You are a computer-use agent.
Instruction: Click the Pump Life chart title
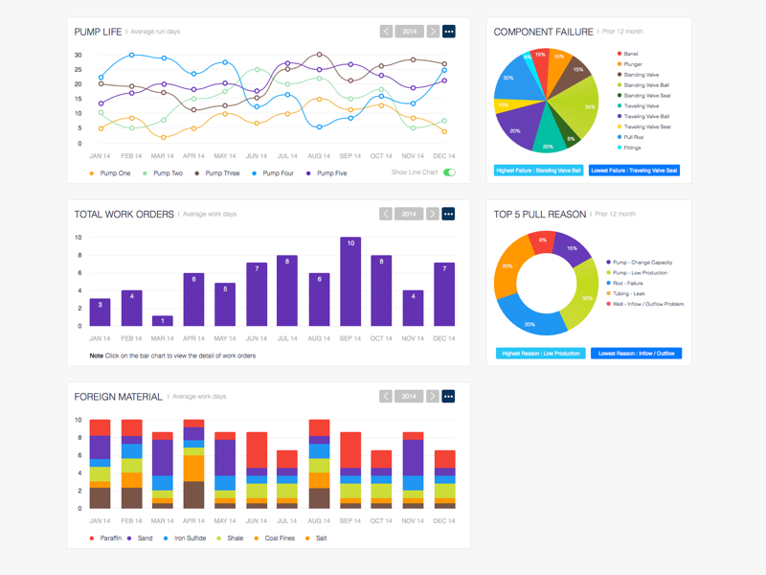pyautogui.click(x=98, y=32)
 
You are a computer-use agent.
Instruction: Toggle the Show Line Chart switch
pyautogui.click(x=449, y=172)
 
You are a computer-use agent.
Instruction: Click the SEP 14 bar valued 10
pyautogui.click(x=351, y=282)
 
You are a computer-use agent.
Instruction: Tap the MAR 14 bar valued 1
pyautogui.click(x=163, y=321)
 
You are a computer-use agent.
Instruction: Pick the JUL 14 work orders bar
pyautogui.click(x=287, y=291)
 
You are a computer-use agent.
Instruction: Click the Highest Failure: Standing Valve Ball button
pyautogui.click(x=539, y=171)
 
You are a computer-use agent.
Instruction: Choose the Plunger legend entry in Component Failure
pyautogui.click(x=633, y=64)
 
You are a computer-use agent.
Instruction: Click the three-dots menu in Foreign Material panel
pyautogui.click(x=448, y=396)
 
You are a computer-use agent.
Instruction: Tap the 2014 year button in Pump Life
pyautogui.click(x=410, y=32)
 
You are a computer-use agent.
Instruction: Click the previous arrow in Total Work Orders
pyautogui.click(x=386, y=214)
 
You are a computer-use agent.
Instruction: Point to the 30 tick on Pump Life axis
pyautogui.click(x=79, y=55)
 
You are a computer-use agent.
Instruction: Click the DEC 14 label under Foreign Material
pyautogui.click(x=443, y=520)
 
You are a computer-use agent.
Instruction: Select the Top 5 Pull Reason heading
pyautogui.click(x=539, y=215)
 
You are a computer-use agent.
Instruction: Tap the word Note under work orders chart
pyautogui.click(x=96, y=356)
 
